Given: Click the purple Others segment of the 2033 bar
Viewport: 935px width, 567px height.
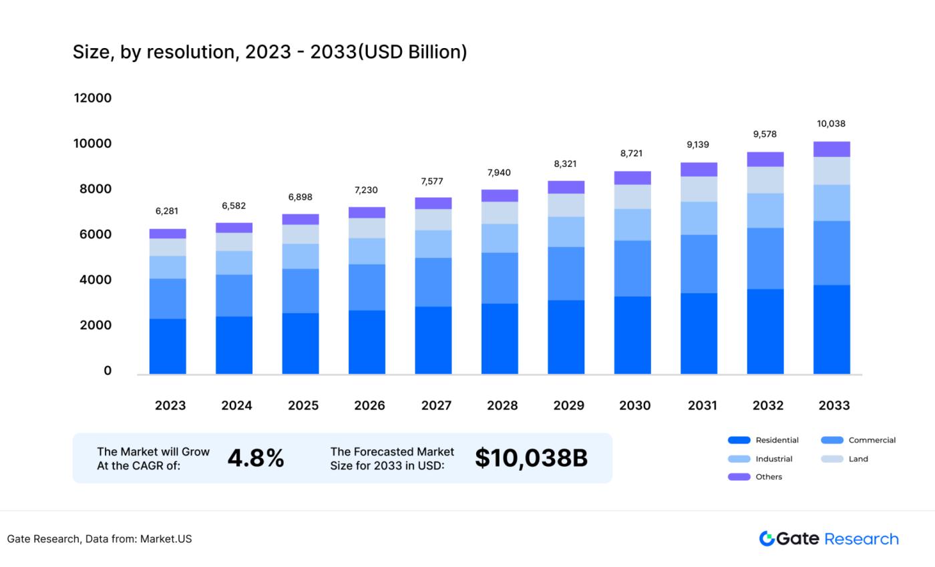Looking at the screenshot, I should (x=831, y=149).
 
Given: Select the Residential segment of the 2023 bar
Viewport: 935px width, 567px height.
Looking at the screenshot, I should (x=168, y=346).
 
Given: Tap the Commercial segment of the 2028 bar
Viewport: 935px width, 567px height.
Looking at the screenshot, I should (x=500, y=278).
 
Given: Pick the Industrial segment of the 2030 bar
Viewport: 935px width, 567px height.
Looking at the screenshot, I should (x=632, y=224).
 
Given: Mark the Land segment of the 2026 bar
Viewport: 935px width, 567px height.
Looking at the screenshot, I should (x=367, y=228).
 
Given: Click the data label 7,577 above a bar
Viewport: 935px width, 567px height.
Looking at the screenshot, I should (x=432, y=182).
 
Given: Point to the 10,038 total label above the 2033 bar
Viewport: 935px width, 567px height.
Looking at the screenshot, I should (x=831, y=124).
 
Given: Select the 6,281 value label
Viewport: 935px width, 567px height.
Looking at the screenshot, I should (x=167, y=211).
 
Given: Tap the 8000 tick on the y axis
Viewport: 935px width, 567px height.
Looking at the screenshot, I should (x=92, y=189).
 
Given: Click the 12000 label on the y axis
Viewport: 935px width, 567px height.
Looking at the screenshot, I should (x=92, y=98).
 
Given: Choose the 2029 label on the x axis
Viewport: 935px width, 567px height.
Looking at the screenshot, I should (x=568, y=405).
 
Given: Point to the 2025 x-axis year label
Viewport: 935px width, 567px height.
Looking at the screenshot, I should (x=303, y=405).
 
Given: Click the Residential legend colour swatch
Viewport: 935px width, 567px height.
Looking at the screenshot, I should (x=739, y=440).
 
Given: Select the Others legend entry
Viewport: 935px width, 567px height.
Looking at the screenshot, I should (x=768, y=477).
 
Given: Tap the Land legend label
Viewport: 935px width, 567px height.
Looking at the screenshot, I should (x=858, y=459).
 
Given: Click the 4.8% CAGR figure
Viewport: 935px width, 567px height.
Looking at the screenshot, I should (x=256, y=458).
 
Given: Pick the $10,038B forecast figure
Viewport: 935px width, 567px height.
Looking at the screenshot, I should (x=531, y=458).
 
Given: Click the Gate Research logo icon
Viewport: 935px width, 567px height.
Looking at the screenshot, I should (x=766, y=538).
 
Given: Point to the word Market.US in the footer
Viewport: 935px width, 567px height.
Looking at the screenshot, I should (x=166, y=539).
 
